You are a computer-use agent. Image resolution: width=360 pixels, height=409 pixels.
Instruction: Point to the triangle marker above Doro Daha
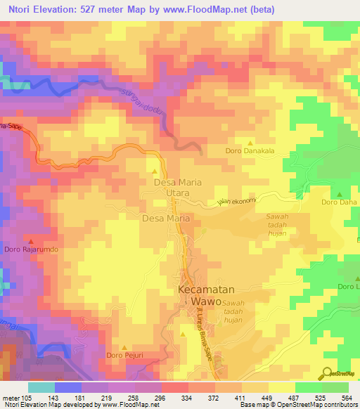tap(340, 195)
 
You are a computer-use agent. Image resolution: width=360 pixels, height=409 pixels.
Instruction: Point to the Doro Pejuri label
tap(124, 356)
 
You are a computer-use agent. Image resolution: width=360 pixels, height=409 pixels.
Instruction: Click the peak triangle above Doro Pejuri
tap(125, 347)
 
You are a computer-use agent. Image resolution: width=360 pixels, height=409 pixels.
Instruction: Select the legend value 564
tap(345, 398)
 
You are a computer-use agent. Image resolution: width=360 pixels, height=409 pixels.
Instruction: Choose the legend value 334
tap(186, 398)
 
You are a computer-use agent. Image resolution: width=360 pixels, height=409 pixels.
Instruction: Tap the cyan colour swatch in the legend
tap(41, 387)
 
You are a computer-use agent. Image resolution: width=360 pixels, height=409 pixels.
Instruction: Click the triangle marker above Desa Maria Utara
tap(155, 171)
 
